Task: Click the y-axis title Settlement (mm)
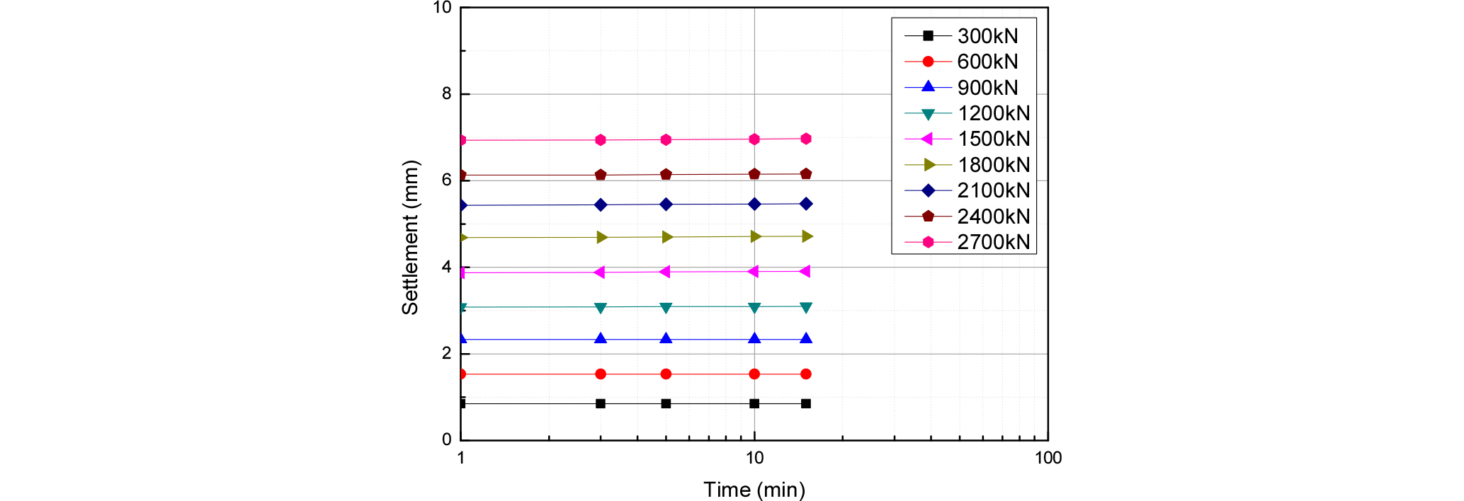pos(410,238)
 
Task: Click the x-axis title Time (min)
pos(754,490)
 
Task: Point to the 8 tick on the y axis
pos(446,94)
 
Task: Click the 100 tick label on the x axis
pos(1048,459)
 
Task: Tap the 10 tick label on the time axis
pos(754,459)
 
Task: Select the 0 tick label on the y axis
pos(446,439)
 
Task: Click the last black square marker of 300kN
pos(805,404)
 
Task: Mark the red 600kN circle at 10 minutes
pos(754,374)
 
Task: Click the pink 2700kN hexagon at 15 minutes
pos(805,139)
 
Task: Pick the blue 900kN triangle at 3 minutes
pos(601,339)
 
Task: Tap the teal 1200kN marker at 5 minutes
pos(666,307)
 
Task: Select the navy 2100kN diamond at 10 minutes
pos(754,205)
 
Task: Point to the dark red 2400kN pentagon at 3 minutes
pos(601,175)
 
